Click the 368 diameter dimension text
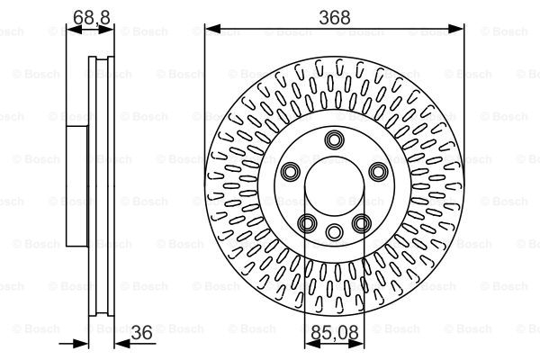tap(335, 15)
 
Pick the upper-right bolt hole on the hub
tap(377, 171)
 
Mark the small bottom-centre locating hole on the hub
tap(335, 229)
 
